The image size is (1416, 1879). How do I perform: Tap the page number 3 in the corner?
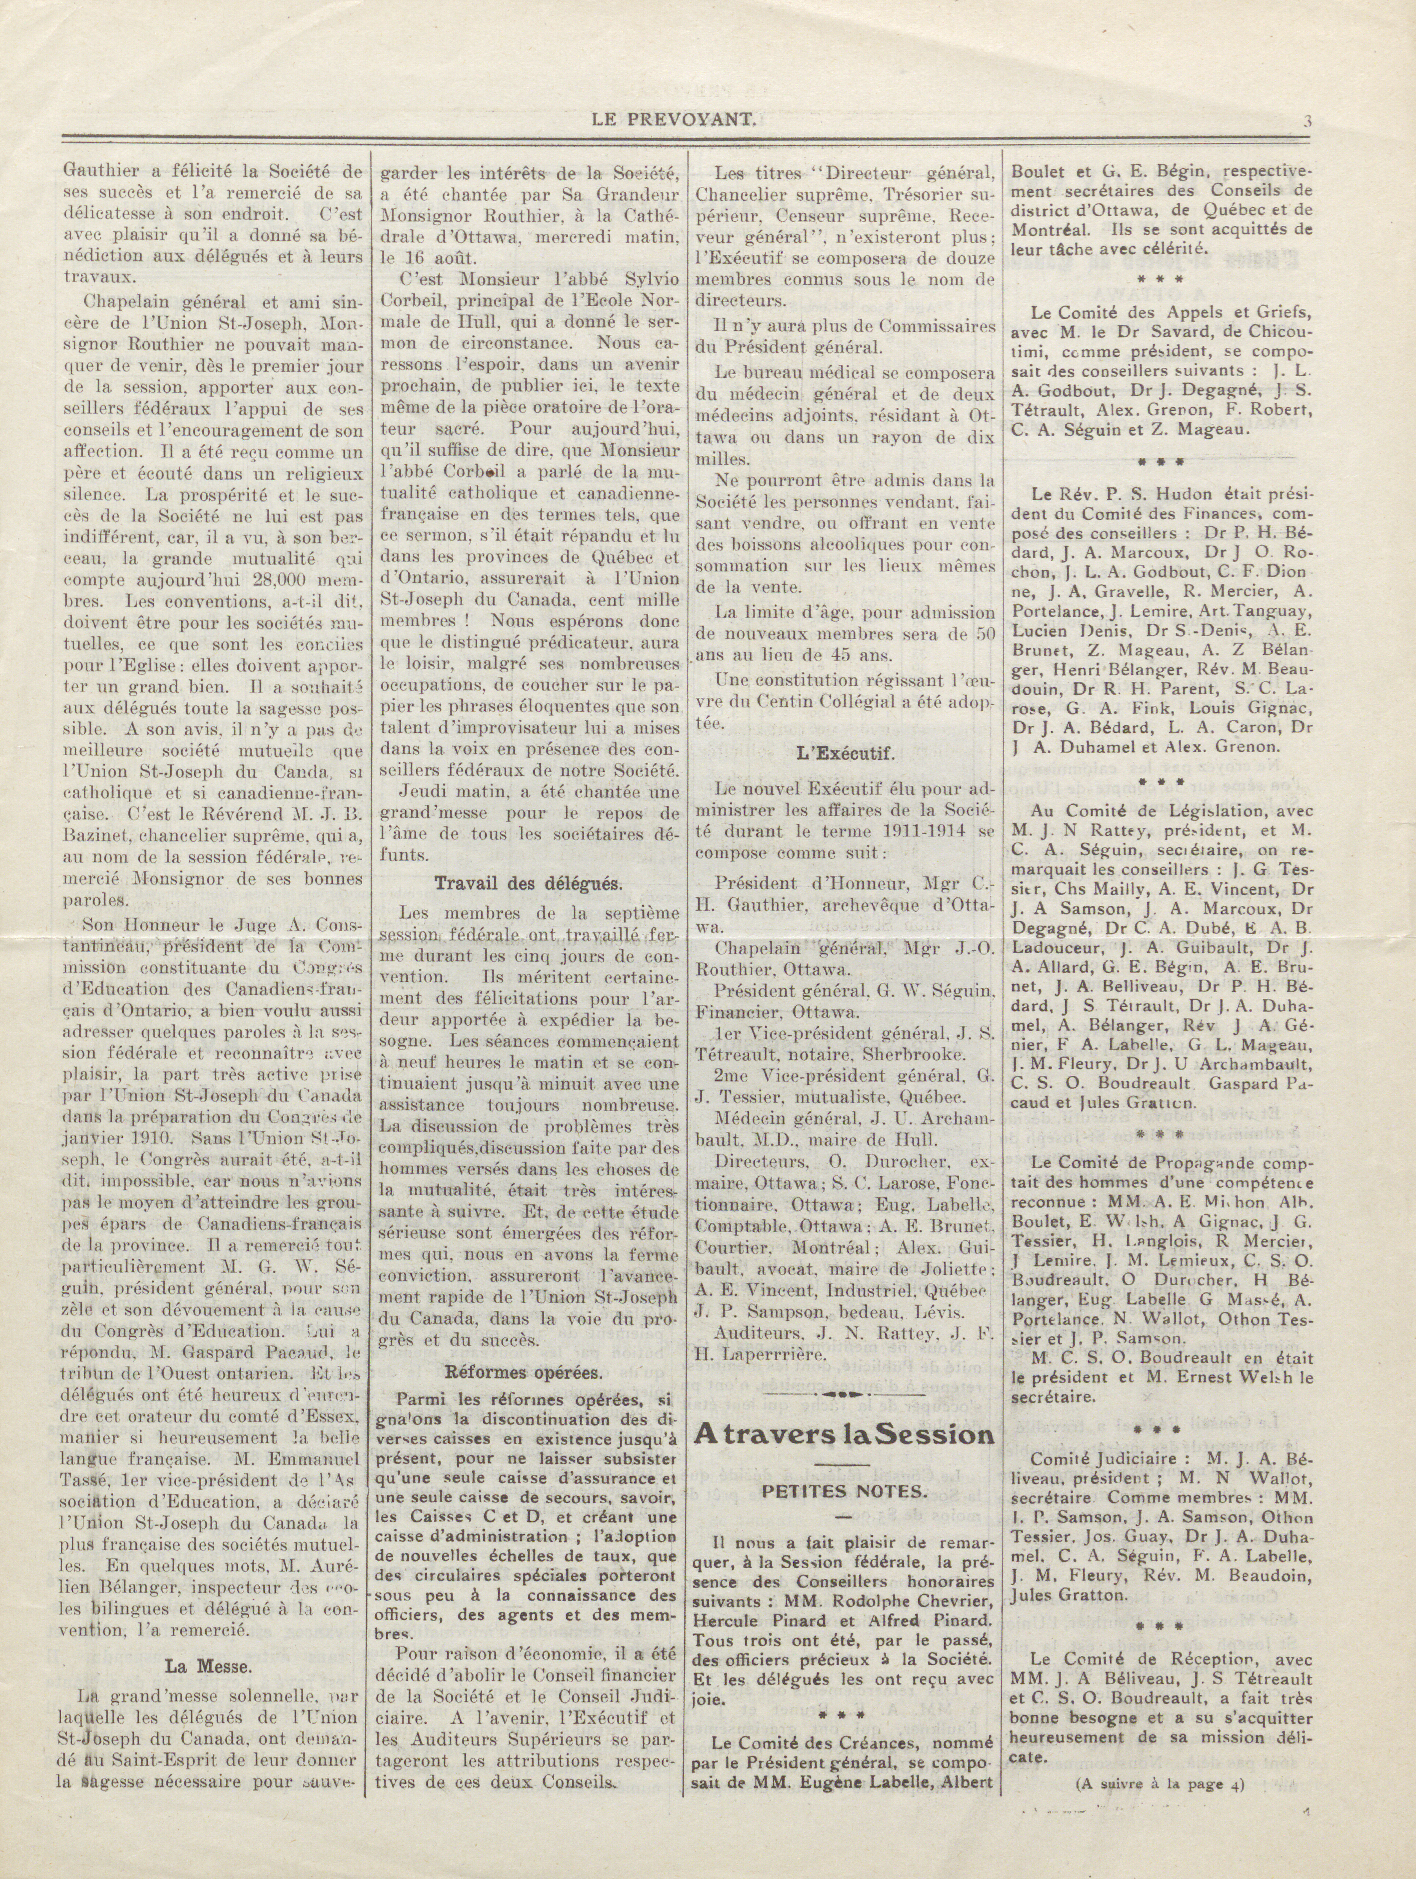click(x=1308, y=121)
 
